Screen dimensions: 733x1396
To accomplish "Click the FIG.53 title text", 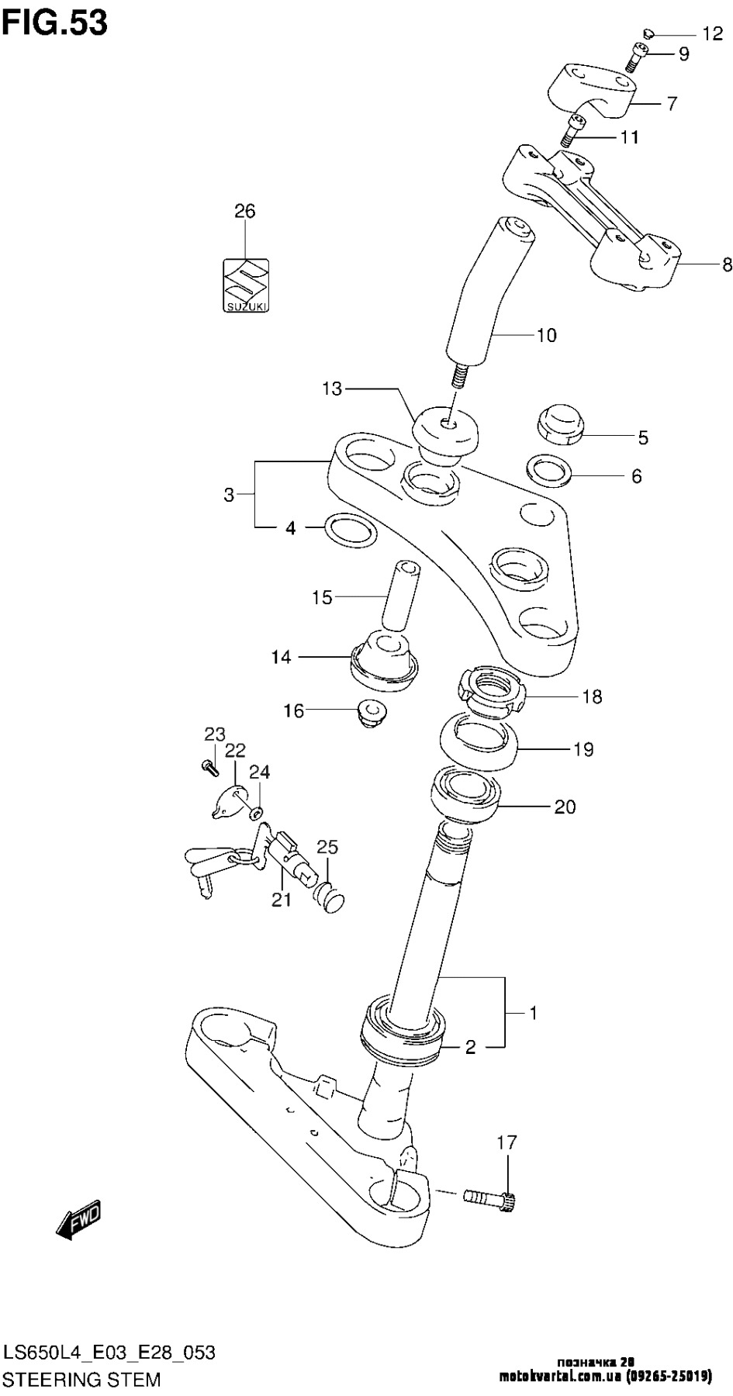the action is click(54, 22).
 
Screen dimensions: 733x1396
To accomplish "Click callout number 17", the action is click(507, 1142).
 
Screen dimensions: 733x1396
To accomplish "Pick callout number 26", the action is click(245, 211).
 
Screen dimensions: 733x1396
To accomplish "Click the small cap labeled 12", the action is click(649, 33).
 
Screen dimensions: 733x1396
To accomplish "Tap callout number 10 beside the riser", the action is click(546, 335).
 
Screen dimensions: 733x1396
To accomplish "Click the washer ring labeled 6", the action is click(549, 469).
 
